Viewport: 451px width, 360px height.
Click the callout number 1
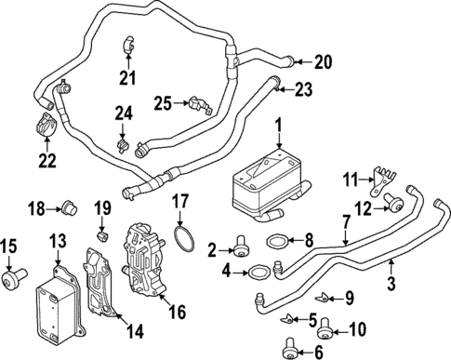[277, 124]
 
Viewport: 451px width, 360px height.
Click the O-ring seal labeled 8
[278, 245]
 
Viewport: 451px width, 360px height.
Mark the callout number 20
[323, 62]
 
